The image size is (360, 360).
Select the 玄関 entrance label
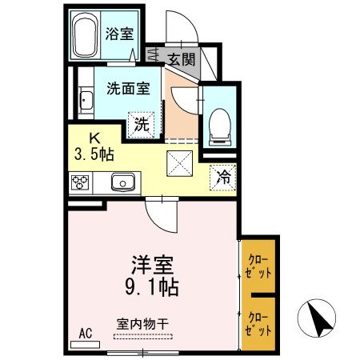(181, 58)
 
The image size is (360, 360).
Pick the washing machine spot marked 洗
(141, 124)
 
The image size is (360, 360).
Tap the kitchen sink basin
(123, 182)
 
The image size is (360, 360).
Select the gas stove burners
(81, 182)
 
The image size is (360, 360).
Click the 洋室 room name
(152, 263)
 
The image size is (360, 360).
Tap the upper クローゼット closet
(259, 266)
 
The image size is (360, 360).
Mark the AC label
(86, 334)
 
